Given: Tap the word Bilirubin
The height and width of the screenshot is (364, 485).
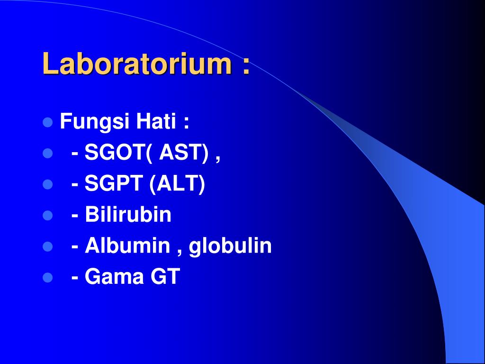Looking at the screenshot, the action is pyautogui.click(x=128, y=214).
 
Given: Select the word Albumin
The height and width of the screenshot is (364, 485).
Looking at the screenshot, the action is pyautogui.click(x=127, y=245).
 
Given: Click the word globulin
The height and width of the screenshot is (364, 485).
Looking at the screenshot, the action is pyautogui.click(x=230, y=246).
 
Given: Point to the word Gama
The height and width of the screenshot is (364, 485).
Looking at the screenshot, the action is pyautogui.click(x=114, y=276).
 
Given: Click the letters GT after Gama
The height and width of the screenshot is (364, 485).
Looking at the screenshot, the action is pyautogui.click(x=165, y=276).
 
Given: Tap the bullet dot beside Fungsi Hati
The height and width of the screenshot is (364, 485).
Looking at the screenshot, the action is pyautogui.click(x=48, y=123).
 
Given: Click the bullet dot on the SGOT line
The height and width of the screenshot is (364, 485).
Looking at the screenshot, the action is pyautogui.click(x=48, y=154).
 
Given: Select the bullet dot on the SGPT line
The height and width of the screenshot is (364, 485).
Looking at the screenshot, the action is pyautogui.click(x=48, y=184).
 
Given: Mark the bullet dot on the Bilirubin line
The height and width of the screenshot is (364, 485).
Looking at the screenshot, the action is pyautogui.click(x=48, y=216).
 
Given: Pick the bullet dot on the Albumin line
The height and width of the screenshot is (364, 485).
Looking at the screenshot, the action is pyautogui.click(x=48, y=246).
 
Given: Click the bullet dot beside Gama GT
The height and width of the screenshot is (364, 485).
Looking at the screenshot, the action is pyautogui.click(x=48, y=277).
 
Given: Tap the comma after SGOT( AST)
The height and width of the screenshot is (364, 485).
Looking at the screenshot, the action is pyautogui.click(x=218, y=159).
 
